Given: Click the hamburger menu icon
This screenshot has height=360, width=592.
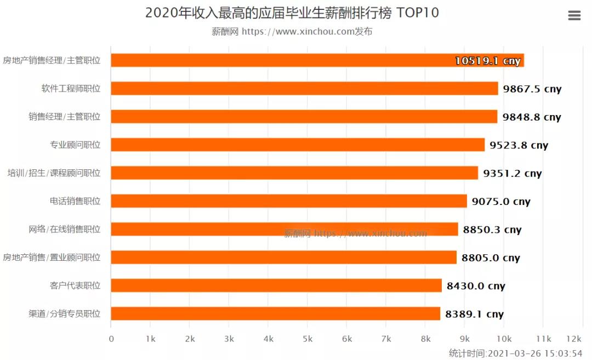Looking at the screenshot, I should [574, 15].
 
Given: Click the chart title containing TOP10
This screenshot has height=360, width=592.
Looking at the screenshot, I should [292, 13].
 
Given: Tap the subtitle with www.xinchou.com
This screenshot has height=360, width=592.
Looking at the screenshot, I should [292, 32].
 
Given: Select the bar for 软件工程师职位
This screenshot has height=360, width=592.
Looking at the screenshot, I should [304, 88].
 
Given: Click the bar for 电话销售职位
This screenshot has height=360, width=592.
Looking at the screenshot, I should [289, 201].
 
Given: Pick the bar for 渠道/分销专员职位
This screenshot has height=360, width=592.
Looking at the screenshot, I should [275, 314].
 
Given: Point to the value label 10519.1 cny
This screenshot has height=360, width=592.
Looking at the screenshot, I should [487, 61].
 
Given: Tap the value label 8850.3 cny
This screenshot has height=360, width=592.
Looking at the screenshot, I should [492, 230].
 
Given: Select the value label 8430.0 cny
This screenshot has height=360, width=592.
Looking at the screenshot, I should [476, 286].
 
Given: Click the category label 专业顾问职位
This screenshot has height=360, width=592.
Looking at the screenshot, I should [75, 145].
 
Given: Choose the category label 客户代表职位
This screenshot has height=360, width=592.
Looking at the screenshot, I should [75, 285].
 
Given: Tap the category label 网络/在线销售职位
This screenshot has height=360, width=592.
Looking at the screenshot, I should [65, 229].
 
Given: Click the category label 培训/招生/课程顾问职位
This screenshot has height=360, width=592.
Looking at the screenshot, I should [54, 173].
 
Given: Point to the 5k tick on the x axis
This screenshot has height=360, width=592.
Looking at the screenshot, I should [308, 339].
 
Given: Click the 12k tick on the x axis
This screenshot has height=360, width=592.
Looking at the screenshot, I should [574, 339].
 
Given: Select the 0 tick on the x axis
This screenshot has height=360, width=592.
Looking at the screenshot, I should [111, 339].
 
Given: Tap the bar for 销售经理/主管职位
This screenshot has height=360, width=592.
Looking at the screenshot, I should [304, 117].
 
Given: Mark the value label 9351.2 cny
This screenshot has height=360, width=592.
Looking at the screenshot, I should [512, 173].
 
